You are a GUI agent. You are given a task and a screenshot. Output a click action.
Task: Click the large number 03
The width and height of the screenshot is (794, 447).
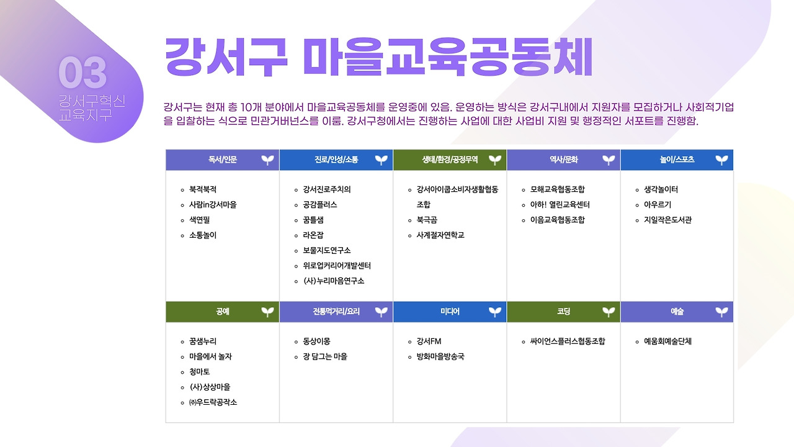83,73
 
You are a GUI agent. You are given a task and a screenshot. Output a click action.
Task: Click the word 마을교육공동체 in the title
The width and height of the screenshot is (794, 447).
448,57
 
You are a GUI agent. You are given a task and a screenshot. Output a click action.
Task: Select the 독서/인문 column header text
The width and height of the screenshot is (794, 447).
223,160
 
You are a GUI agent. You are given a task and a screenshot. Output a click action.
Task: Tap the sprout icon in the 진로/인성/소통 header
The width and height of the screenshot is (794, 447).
381,160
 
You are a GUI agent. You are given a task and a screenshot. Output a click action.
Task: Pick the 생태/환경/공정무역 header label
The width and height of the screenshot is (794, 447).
450,160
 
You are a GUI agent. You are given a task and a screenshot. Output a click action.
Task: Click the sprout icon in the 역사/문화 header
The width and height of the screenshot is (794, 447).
609,160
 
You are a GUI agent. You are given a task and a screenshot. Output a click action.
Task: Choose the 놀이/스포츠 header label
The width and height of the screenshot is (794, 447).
677,160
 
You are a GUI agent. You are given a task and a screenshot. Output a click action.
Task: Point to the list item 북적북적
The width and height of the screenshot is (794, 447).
203,189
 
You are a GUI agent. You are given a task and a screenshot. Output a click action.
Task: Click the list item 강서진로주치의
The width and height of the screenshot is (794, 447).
326,189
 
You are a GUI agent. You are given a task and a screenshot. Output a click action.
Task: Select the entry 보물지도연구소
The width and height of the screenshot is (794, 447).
326,250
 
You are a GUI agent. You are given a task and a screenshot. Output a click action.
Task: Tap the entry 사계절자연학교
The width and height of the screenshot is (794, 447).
440,235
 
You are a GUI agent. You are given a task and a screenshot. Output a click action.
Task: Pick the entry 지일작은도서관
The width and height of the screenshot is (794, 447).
667,220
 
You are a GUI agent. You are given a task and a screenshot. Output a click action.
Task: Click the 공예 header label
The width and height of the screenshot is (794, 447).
223,312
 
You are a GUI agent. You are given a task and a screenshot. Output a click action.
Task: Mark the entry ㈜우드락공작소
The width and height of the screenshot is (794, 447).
213,402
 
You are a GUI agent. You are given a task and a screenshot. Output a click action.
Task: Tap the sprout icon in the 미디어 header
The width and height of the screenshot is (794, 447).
494,312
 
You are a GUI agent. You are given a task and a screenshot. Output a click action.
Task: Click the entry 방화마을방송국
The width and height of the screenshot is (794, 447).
440,356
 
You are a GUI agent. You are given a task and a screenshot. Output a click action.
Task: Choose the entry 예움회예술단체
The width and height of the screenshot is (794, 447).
667,341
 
